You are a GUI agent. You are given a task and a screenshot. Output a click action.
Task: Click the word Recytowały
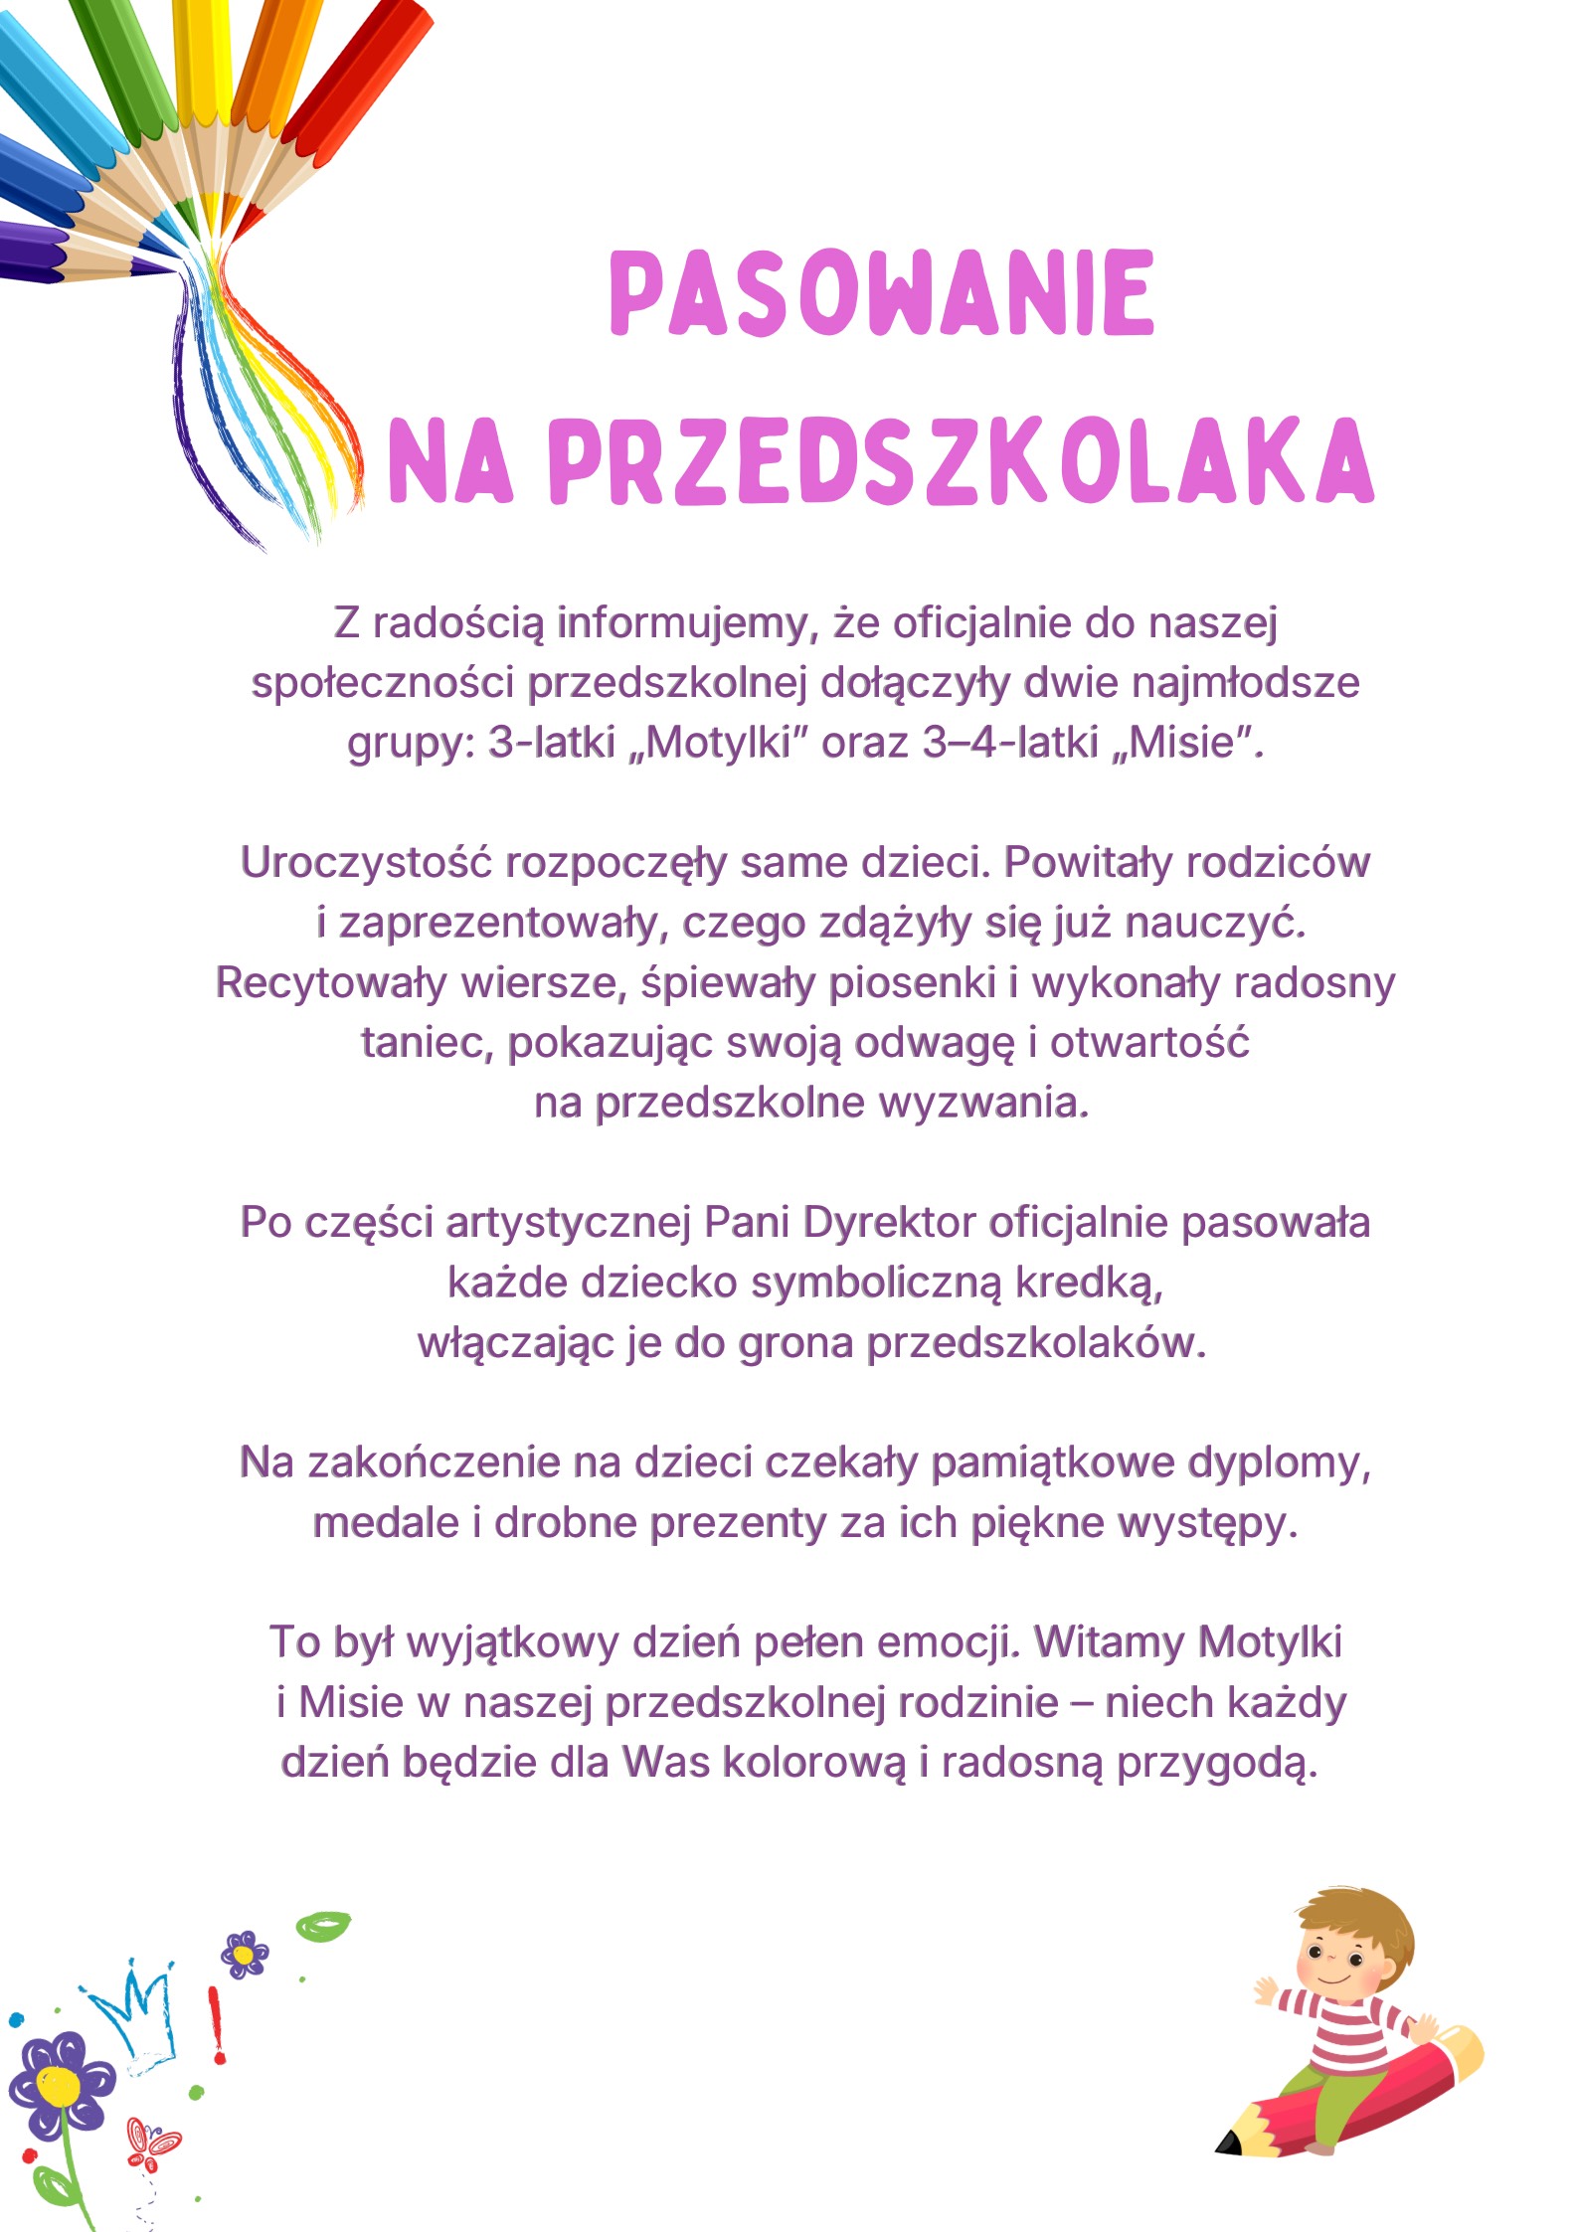coord(331,982)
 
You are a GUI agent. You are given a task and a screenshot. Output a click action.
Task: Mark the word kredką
coord(1088,1283)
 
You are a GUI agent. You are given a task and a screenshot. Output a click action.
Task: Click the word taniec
coord(427,1043)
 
